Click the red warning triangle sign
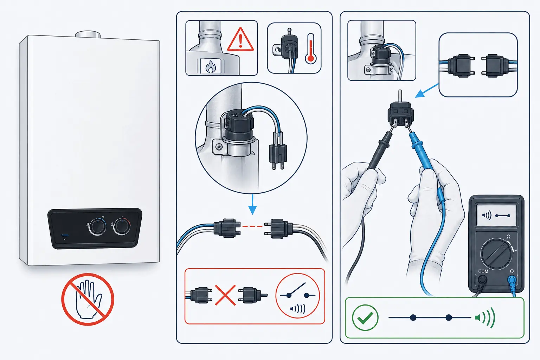(x=240, y=40)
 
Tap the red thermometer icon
(x=311, y=49)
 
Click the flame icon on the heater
(x=211, y=66)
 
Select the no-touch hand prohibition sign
(x=88, y=299)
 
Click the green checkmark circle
(x=365, y=317)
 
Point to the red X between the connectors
(x=225, y=295)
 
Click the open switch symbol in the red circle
(x=297, y=291)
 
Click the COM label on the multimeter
(x=483, y=271)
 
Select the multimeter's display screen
(x=497, y=216)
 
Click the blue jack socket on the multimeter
(x=512, y=280)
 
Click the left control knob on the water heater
(x=97, y=227)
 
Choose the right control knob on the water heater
(x=122, y=226)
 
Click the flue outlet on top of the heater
(x=88, y=34)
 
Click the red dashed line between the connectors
(x=252, y=226)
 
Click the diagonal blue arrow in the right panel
(x=427, y=90)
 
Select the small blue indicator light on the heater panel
(x=65, y=235)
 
